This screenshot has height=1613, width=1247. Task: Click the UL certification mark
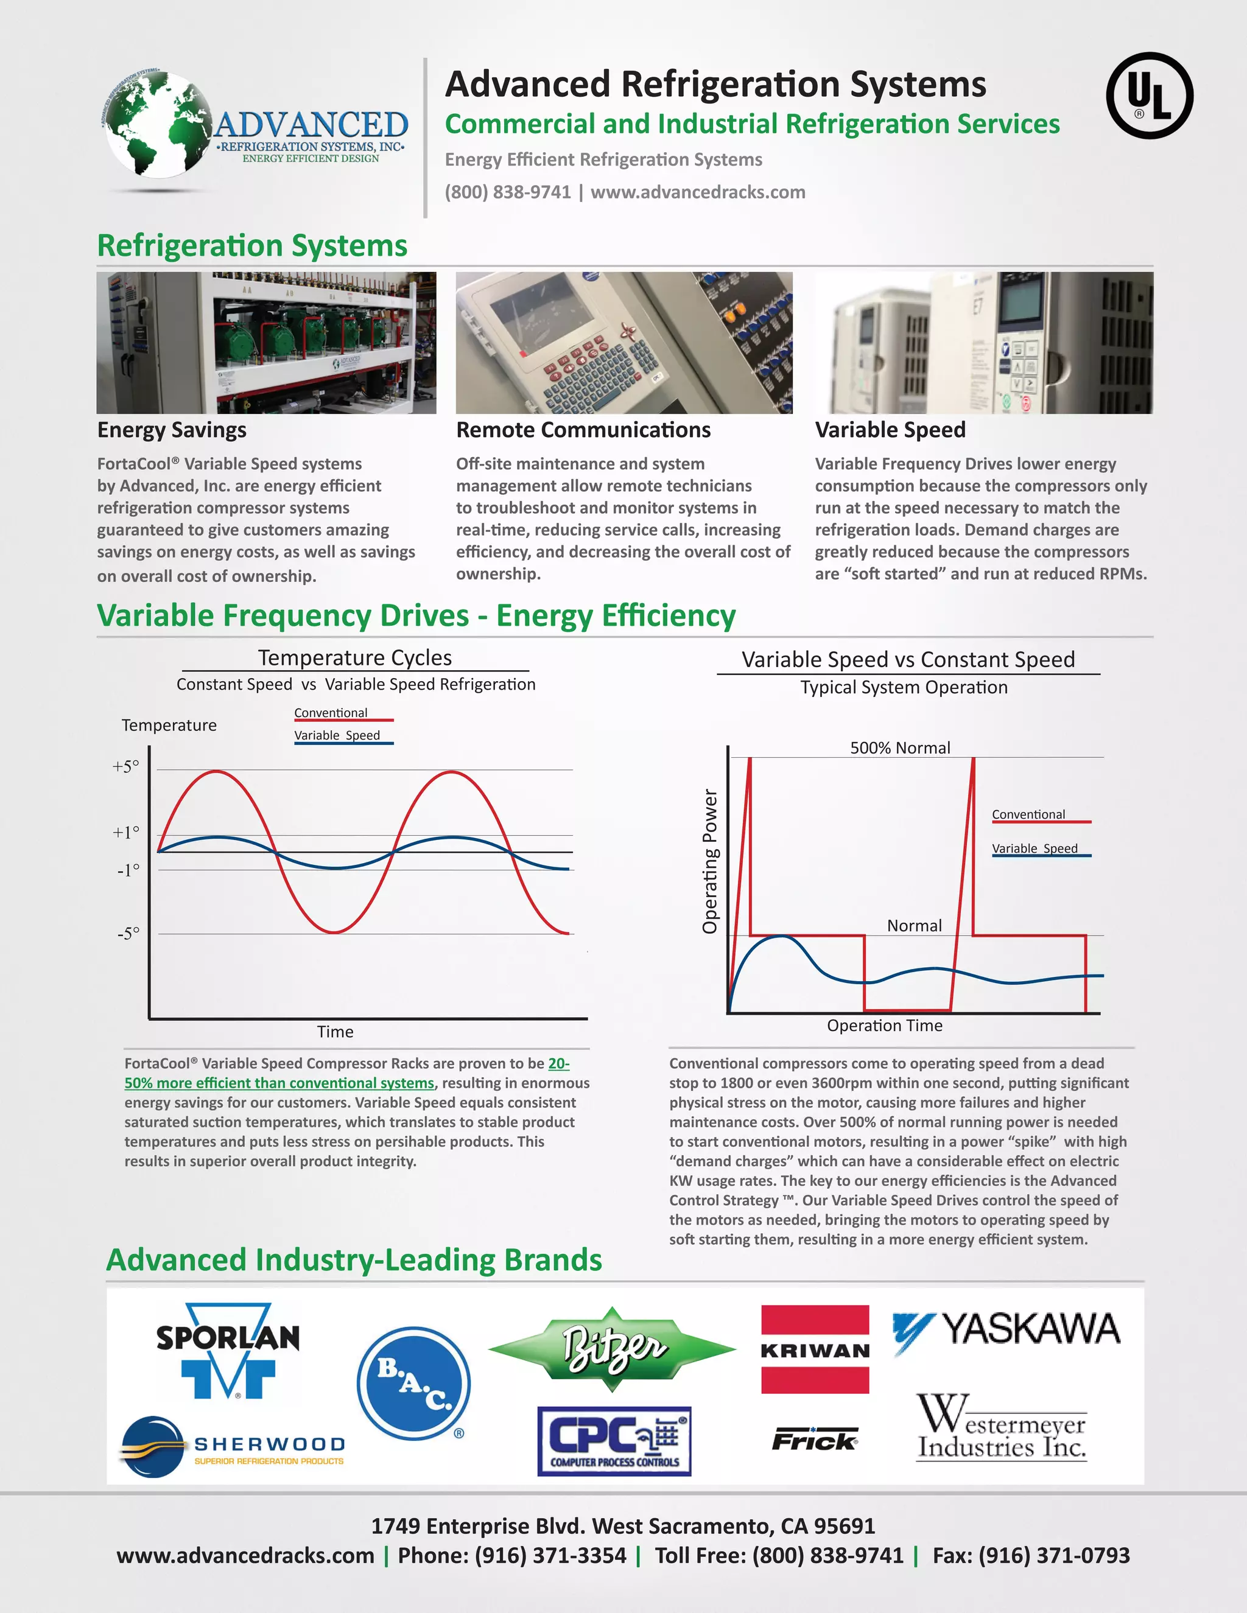(1150, 96)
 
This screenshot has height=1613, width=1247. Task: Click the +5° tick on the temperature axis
(125, 766)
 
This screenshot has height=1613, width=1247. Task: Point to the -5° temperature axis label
(128, 934)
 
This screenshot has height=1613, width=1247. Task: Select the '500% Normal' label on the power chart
(900, 747)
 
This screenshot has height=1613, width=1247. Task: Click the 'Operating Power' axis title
(710, 861)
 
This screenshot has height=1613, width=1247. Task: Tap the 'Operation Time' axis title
(884, 1025)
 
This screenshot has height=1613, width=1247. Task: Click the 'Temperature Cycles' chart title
(354, 657)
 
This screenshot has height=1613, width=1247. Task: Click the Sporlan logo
(228, 1350)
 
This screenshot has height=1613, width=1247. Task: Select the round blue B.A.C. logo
(413, 1384)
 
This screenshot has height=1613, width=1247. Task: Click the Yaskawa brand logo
(1006, 1330)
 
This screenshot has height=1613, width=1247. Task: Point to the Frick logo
(815, 1440)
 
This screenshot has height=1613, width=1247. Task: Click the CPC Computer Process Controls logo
(614, 1441)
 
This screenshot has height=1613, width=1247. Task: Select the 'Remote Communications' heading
(583, 430)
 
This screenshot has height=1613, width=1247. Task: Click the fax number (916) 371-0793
(1053, 1555)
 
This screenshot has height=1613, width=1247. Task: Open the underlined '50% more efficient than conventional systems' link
(279, 1083)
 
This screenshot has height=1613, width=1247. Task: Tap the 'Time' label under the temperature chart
(335, 1032)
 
